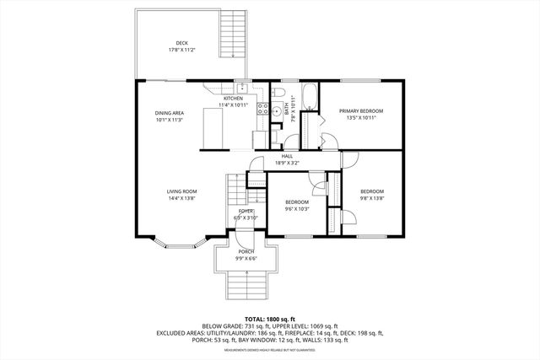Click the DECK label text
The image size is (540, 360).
click(x=181, y=43)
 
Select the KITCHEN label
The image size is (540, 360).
click(x=233, y=99)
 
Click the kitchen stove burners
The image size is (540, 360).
click(x=262, y=109)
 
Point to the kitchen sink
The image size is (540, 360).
click(x=242, y=87)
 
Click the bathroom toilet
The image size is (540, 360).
click(x=283, y=92)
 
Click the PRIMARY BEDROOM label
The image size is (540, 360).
click(x=361, y=110)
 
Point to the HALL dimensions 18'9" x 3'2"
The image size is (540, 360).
click(x=287, y=163)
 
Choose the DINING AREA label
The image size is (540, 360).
click(x=169, y=113)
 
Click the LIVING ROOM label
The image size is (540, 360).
click(x=181, y=192)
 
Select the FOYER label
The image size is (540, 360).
click(x=246, y=211)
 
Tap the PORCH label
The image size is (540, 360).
click(x=246, y=251)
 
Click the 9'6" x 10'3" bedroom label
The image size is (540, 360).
click(x=296, y=202)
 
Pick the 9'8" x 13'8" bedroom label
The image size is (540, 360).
click(x=372, y=191)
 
